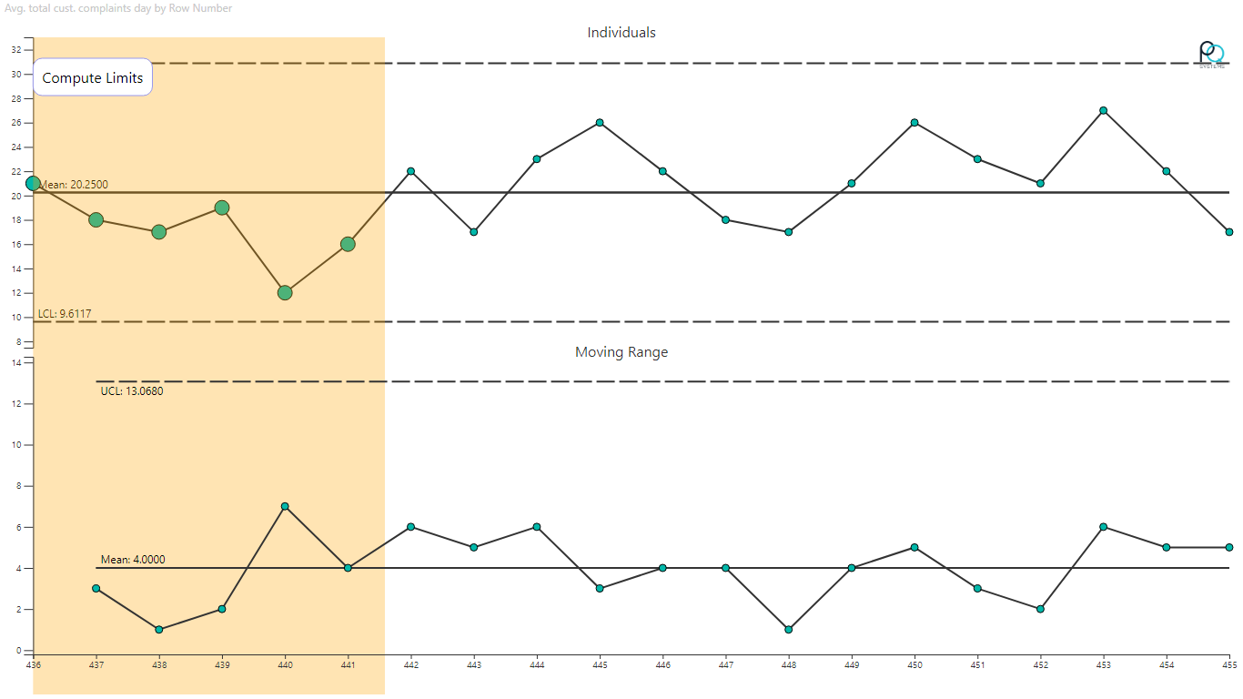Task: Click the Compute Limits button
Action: [x=93, y=78]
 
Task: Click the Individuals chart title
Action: [x=621, y=33]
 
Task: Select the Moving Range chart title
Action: [x=621, y=352]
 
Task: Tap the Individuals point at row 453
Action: [x=1104, y=110]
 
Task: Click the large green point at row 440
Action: [x=285, y=293]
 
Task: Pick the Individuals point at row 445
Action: [x=600, y=123]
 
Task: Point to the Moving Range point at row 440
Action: [x=285, y=506]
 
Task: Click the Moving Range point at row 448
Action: [x=789, y=630]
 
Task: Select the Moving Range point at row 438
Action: [x=159, y=630]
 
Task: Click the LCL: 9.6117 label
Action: [x=65, y=314]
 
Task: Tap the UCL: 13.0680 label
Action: [x=132, y=391]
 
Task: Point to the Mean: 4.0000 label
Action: [x=133, y=560]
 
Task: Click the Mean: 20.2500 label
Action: [x=74, y=185]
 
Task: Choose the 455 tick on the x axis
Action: [x=1229, y=665]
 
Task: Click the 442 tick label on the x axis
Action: [x=411, y=665]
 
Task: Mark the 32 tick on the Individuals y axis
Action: [x=16, y=50]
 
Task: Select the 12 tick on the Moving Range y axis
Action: [x=16, y=404]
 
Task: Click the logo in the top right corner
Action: [x=1211, y=55]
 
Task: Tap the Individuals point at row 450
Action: [x=915, y=123]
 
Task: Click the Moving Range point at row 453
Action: [x=1104, y=527]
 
